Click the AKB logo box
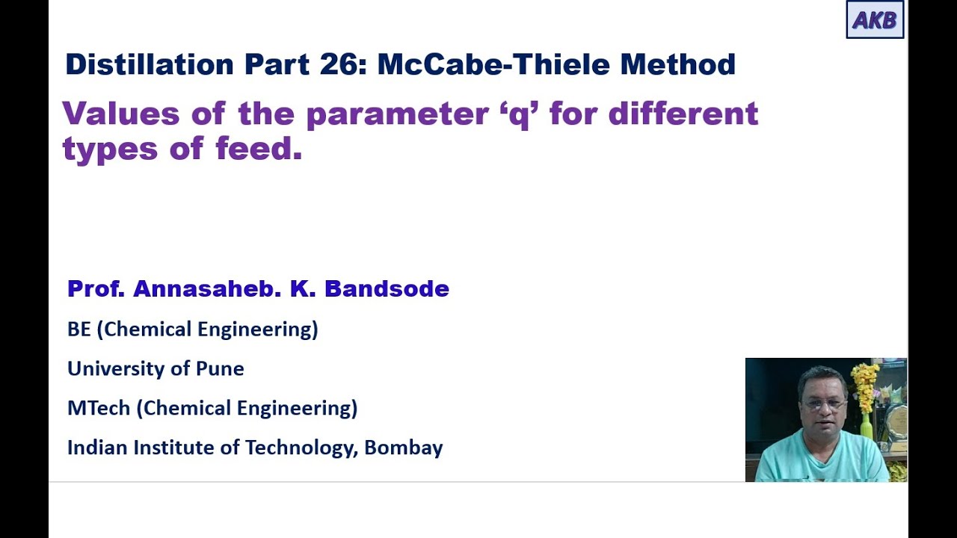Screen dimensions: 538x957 [875, 19]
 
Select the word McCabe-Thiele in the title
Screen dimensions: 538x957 [493, 65]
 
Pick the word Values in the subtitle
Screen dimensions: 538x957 [121, 114]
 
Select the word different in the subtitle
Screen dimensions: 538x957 [683, 114]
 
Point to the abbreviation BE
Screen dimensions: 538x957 [79, 330]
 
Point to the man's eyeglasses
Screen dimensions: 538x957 [822, 403]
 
